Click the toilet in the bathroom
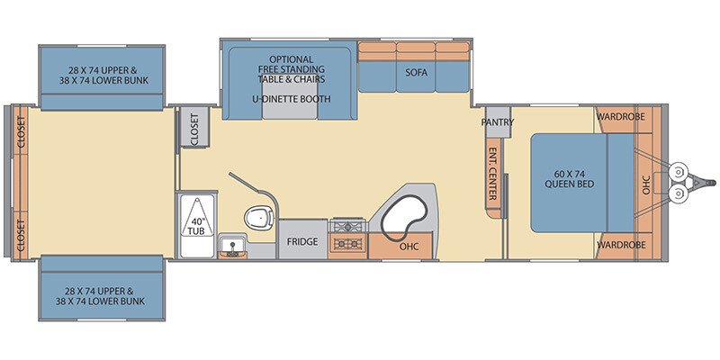[259, 217]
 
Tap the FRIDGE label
[302, 241]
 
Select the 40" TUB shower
[196, 225]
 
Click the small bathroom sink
[232, 247]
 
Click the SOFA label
[417, 73]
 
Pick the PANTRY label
[498, 122]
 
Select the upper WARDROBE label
[621, 117]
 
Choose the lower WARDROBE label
[621, 245]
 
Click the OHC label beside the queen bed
[646, 184]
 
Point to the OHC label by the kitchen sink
[409, 247]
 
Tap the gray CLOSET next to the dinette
[194, 127]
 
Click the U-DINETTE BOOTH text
[292, 99]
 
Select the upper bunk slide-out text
[102, 76]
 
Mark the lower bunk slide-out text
[102, 296]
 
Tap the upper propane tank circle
[678, 172]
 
